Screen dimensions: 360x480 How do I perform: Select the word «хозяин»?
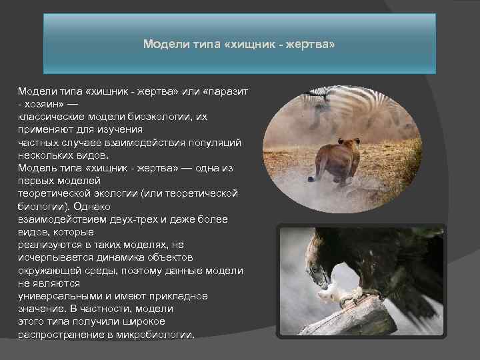pos(45,104)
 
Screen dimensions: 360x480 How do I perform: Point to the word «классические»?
pos(51,117)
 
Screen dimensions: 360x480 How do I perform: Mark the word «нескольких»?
pos(44,155)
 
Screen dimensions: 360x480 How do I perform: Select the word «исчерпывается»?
pos(52,257)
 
